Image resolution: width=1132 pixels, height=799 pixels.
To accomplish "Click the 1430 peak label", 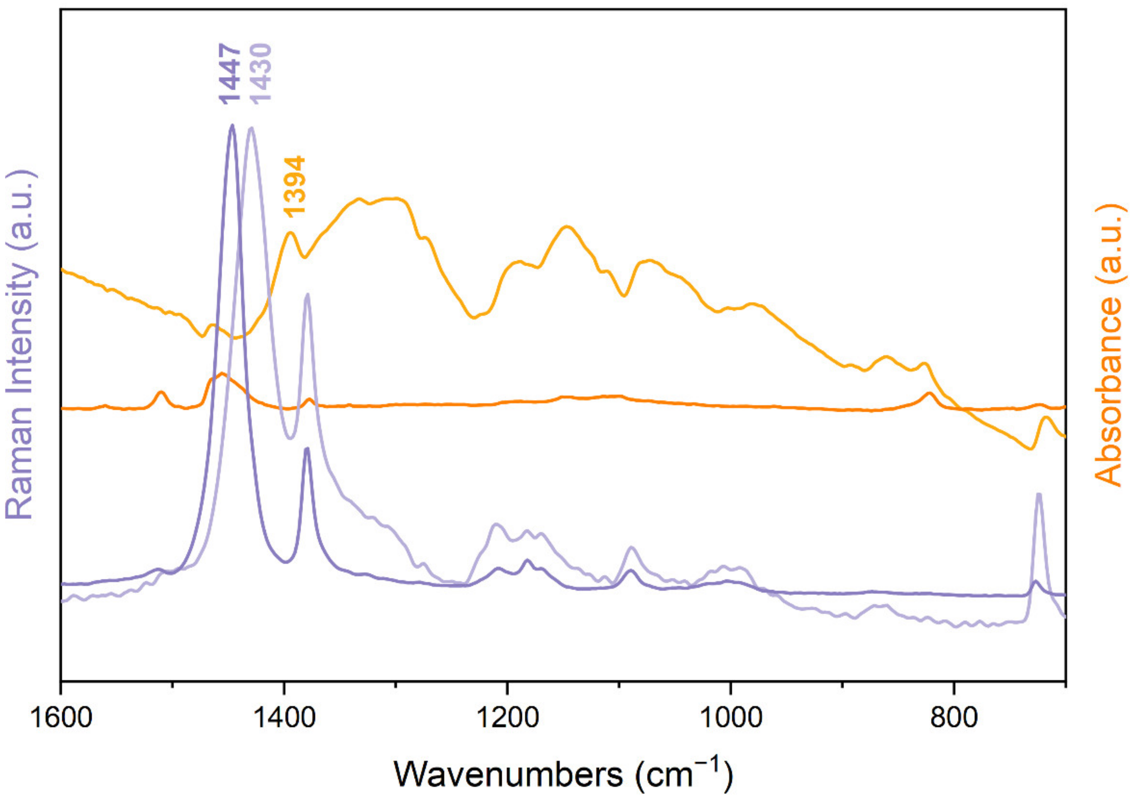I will [x=260, y=73].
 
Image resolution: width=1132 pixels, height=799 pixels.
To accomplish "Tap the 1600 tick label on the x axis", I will [x=61, y=720].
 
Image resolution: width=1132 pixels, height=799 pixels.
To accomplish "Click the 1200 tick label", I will [x=508, y=720].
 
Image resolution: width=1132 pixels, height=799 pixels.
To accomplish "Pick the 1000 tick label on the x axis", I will [x=731, y=720].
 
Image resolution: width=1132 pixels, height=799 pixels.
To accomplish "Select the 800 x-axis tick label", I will [x=954, y=720].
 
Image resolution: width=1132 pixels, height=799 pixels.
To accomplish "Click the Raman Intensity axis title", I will [x=21, y=345].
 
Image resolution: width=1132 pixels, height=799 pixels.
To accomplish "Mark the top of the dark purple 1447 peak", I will [x=232, y=125].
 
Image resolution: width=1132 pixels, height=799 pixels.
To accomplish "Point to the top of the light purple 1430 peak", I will [x=252, y=128].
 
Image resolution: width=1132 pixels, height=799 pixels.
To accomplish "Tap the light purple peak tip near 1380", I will [x=308, y=294].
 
